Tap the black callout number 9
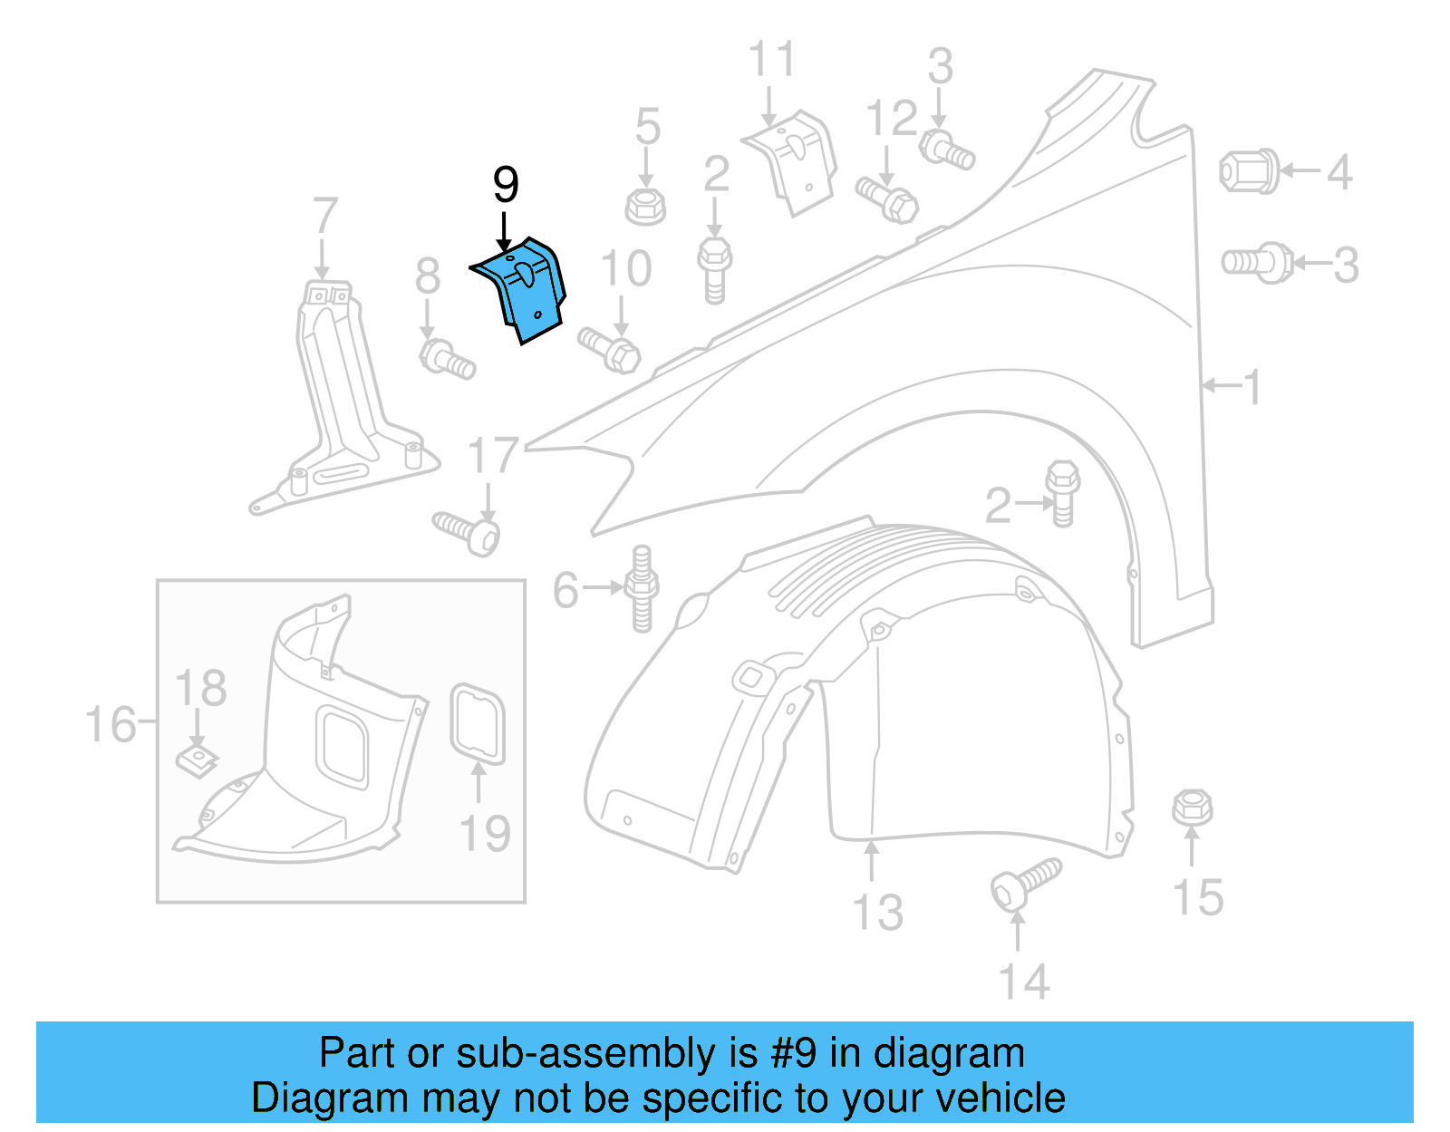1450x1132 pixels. click(x=506, y=185)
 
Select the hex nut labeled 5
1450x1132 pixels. click(x=645, y=206)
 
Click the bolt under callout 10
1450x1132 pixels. click(x=610, y=350)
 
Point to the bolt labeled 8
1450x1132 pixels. click(x=446, y=358)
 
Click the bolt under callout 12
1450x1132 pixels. click(x=887, y=199)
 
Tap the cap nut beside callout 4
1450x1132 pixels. click(x=1249, y=171)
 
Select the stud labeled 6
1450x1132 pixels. click(x=642, y=589)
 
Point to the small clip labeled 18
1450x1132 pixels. click(x=196, y=760)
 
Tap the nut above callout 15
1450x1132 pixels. click(x=1192, y=807)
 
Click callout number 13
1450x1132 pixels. click(x=878, y=912)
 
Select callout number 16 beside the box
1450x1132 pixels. click(x=110, y=725)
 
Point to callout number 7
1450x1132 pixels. click(x=324, y=218)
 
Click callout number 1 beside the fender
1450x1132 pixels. click(x=1252, y=388)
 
